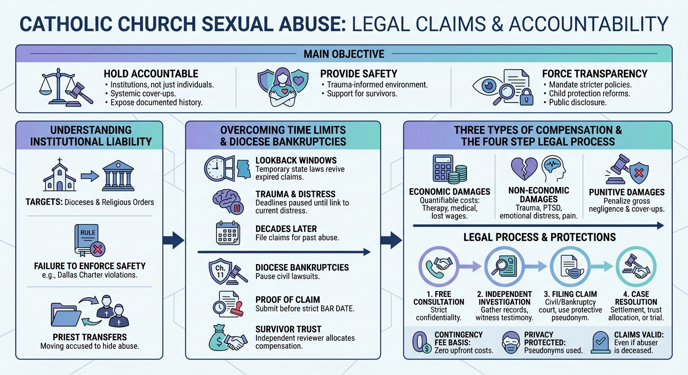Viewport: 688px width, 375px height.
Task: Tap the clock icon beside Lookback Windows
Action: point(215,168)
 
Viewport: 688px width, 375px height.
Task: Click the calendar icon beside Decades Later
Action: point(228,233)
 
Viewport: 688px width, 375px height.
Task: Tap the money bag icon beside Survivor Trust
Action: point(218,337)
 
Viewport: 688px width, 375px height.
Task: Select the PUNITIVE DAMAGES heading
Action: point(626,192)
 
